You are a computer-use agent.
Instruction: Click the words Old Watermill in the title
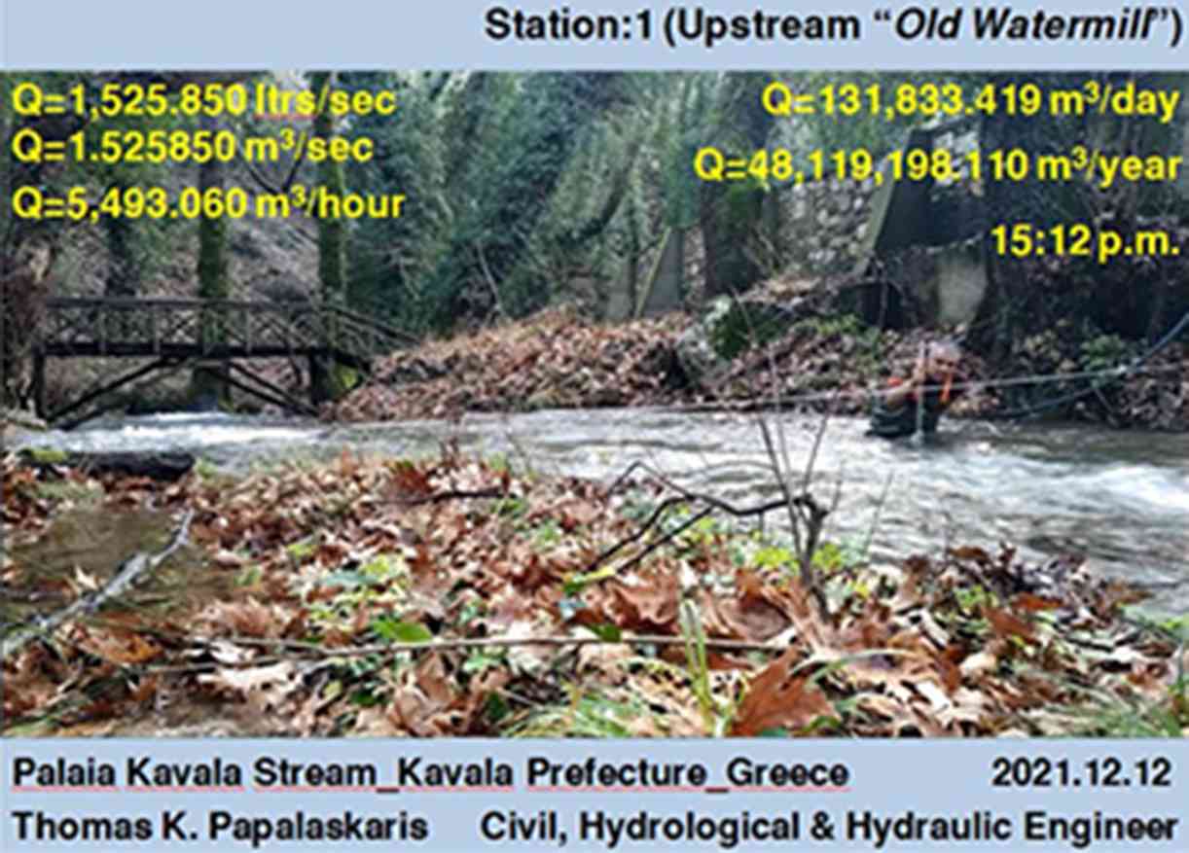tap(1023, 24)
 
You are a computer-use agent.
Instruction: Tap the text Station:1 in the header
tap(568, 25)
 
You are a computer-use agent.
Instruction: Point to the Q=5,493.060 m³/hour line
tap(208, 203)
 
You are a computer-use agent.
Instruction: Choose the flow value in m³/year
tap(937, 165)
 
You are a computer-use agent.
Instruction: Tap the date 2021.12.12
tap(1081, 773)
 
